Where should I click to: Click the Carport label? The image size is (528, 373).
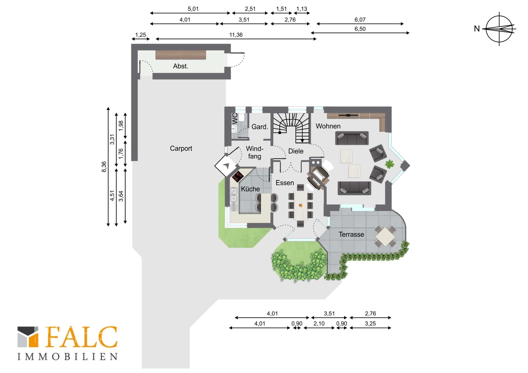pyautogui.click(x=181, y=148)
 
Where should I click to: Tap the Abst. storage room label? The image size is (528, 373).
pyautogui.click(x=180, y=66)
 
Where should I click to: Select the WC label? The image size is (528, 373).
pyautogui.click(x=235, y=119)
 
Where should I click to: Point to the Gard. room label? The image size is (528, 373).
pyautogui.click(x=260, y=127)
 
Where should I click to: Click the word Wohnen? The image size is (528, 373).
pyautogui.click(x=328, y=126)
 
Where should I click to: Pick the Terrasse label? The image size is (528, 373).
pyautogui.click(x=351, y=234)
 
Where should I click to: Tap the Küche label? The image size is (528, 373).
pyautogui.click(x=250, y=189)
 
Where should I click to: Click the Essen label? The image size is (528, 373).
pyautogui.click(x=285, y=183)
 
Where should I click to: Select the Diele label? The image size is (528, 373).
pyautogui.click(x=296, y=151)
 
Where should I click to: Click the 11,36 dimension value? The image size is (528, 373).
pyautogui.click(x=236, y=35)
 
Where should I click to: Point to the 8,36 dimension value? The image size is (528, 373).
pyautogui.click(x=104, y=167)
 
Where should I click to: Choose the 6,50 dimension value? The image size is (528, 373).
pyautogui.click(x=360, y=29)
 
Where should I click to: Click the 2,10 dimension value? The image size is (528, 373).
pyautogui.click(x=319, y=324)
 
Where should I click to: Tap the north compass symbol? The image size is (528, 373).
pyautogui.click(x=499, y=29)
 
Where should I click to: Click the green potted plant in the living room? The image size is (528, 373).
pyautogui.click(x=389, y=164)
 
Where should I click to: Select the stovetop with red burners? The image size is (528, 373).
pyautogui.click(x=238, y=176)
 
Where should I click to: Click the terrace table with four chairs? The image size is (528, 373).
pyautogui.click(x=386, y=236)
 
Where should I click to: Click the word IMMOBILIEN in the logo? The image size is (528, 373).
pyautogui.click(x=68, y=357)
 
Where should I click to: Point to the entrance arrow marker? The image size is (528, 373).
pyautogui.click(x=226, y=165)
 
